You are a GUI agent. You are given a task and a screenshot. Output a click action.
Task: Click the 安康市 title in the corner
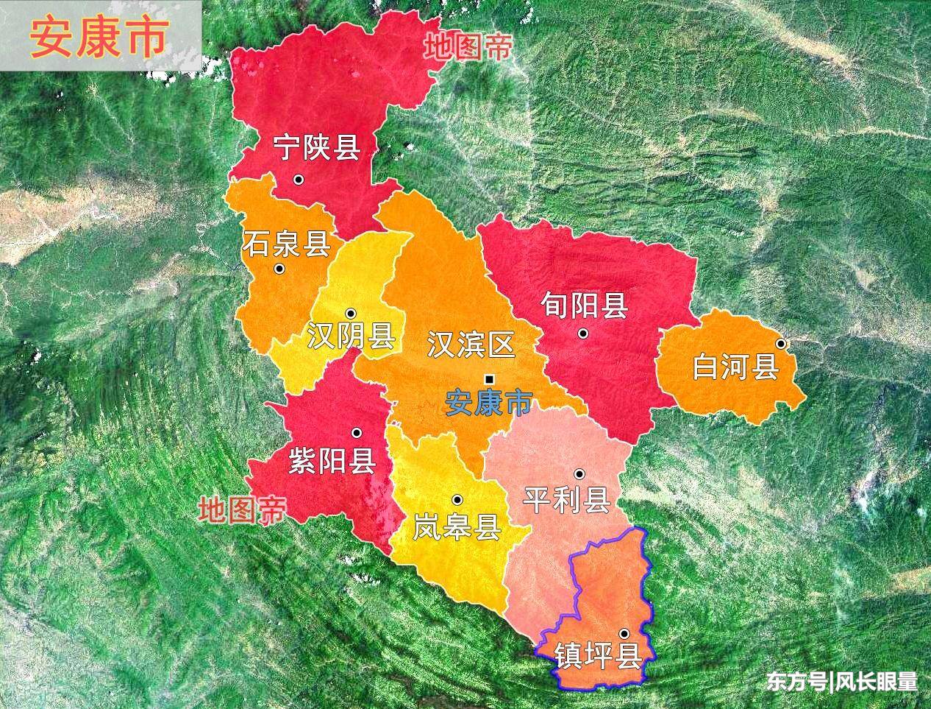[x=99, y=38]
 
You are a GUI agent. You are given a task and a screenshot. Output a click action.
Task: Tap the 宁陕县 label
[x=316, y=147]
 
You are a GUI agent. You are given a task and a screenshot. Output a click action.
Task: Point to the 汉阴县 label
[x=351, y=336]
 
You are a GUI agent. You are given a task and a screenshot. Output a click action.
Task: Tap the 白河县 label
[x=735, y=366]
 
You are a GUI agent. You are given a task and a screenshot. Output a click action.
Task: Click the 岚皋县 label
[x=457, y=527]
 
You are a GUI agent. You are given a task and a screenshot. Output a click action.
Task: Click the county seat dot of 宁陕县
[x=299, y=179]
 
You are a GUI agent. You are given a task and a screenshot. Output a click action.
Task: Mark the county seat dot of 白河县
[x=781, y=344]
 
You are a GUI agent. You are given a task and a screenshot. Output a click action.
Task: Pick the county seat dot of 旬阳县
[x=583, y=333]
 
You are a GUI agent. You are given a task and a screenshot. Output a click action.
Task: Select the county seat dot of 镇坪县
[x=624, y=633]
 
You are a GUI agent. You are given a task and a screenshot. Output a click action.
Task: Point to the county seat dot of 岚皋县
[x=457, y=499]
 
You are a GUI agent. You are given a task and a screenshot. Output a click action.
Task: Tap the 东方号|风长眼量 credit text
[x=842, y=682]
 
